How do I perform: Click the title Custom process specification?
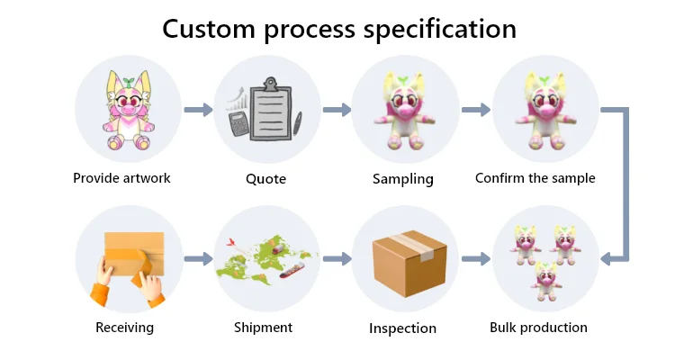pos(339,29)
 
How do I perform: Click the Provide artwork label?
pos(121,178)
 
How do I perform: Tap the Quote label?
pos(265,179)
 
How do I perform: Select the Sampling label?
pos(402,179)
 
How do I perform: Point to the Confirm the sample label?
pos(535,178)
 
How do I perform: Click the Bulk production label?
pos(538,328)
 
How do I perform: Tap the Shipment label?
pos(263,328)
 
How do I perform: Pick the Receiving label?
pos(124,328)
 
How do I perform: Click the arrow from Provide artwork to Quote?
pos(197,110)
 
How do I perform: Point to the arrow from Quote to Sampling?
pos(335,110)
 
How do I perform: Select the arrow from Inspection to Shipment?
pos(335,259)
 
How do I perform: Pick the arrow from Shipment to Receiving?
pos(197,259)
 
